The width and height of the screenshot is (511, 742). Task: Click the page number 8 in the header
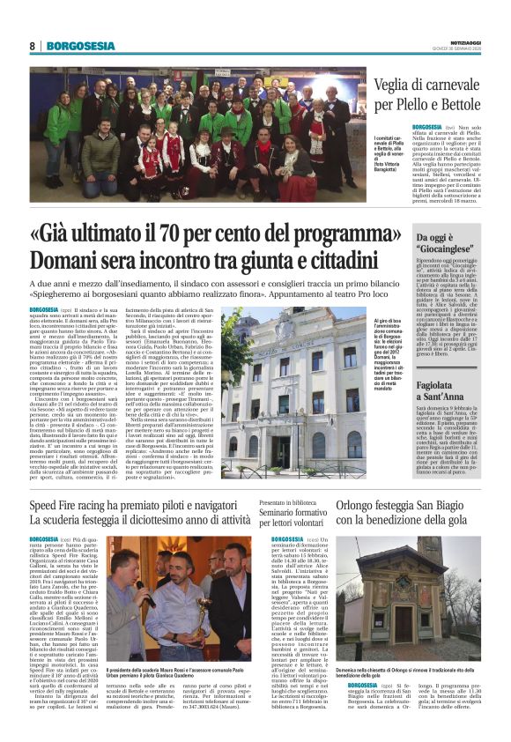[x=32, y=46]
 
